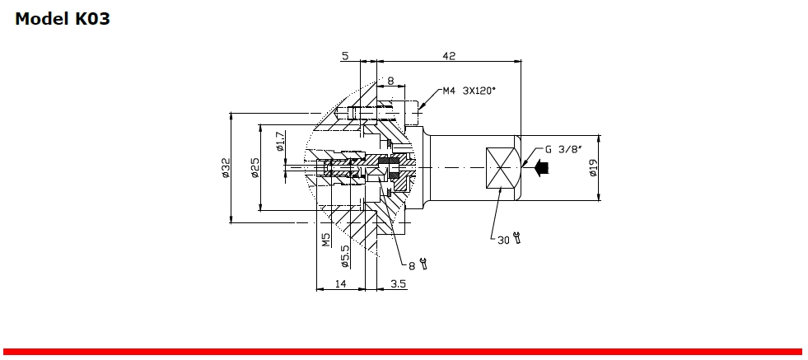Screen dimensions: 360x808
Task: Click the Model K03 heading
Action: click(x=63, y=19)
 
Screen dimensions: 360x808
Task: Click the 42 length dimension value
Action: click(x=449, y=56)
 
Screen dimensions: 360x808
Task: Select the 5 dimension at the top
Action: click(x=345, y=56)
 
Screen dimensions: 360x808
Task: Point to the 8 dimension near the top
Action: click(x=390, y=82)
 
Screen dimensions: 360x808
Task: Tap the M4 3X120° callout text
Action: click(x=469, y=91)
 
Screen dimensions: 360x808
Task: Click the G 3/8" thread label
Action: click(x=563, y=150)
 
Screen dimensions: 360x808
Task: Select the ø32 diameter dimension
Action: click(x=224, y=168)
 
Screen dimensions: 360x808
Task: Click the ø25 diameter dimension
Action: click(x=255, y=168)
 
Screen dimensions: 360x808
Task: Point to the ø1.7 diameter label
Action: click(x=280, y=142)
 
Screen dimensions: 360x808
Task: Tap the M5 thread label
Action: click(x=326, y=240)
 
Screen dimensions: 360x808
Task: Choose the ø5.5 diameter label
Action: click(x=345, y=256)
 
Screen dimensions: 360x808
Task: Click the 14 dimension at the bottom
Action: click(x=340, y=283)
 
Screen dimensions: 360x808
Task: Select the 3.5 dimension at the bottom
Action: click(x=398, y=283)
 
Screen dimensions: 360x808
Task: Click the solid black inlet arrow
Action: click(x=540, y=168)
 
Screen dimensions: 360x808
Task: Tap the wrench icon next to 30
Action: click(x=516, y=239)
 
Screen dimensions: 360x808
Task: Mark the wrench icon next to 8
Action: click(x=423, y=264)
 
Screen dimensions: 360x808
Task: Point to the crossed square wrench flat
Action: click(x=500, y=168)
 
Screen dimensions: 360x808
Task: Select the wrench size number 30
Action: click(x=503, y=240)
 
